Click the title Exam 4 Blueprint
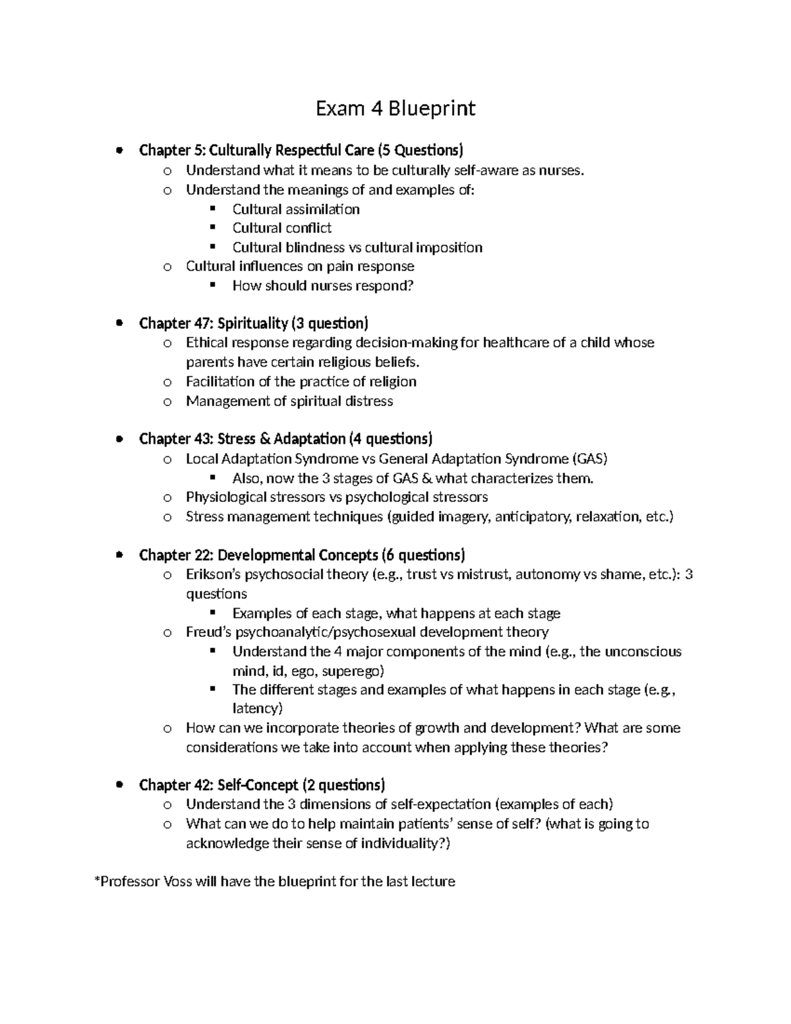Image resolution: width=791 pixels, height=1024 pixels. pyautogui.click(x=395, y=108)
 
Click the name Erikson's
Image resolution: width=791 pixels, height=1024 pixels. pyautogui.click(x=213, y=574)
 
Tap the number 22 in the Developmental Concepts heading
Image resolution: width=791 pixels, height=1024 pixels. pyautogui.click(x=200, y=555)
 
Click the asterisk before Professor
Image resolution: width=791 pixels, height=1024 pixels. pyautogui.click(x=98, y=880)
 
